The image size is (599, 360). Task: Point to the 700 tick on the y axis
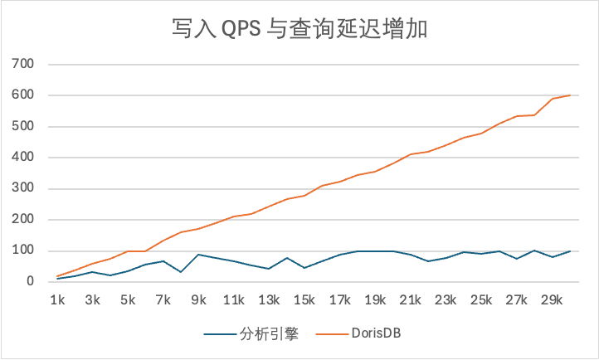23,64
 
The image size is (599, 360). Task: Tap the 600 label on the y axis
23,95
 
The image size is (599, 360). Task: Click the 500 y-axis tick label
23,126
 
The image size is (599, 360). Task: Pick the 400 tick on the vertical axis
23,158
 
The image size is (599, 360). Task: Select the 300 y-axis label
23,188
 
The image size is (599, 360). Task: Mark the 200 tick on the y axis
23,220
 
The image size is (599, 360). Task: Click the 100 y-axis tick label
23,251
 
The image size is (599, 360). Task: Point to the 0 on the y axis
30,282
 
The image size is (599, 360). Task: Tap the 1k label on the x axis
57,299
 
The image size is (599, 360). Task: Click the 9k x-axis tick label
198,299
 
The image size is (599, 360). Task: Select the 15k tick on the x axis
304,299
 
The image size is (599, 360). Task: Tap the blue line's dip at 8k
181,272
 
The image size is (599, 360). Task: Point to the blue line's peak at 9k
198,255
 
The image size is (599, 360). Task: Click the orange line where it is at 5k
128,251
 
